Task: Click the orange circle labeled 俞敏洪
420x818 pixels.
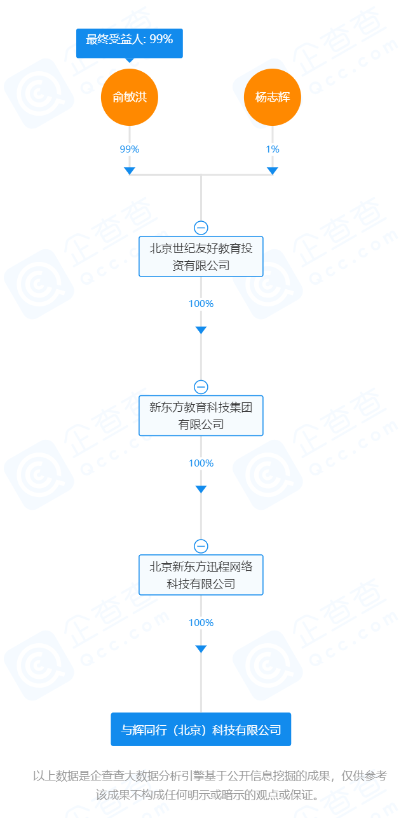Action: pyautogui.click(x=129, y=97)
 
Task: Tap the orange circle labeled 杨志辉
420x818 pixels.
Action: pyautogui.click(x=273, y=97)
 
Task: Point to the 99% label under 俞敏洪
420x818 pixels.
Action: pyautogui.click(x=129, y=149)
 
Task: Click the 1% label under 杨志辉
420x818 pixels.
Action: pyautogui.click(x=273, y=149)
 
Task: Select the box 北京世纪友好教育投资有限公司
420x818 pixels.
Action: pyautogui.click(x=201, y=256)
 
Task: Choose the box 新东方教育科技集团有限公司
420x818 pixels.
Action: pyautogui.click(x=201, y=416)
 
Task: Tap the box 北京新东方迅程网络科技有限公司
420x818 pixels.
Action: pyautogui.click(x=201, y=575)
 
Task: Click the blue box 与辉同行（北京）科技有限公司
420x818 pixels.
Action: pyautogui.click(x=201, y=729)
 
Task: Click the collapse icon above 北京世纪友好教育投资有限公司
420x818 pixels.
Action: pyautogui.click(x=201, y=228)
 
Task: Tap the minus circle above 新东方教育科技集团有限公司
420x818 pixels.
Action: pyautogui.click(x=201, y=387)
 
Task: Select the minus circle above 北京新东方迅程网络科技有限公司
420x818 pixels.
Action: pyautogui.click(x=201, y=547)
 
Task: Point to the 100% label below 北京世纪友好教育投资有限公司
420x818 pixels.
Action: pyautogui.click(x=201, y=303)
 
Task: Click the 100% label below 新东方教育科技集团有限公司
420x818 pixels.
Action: pyautogui.click(x=201, y=463)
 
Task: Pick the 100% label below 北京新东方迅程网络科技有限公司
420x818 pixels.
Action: pyautogui.click(x=201, y=623)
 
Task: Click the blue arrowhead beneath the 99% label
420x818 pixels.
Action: pyautogui.click(x=129, y=170)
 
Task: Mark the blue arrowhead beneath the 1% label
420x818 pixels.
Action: pyautogui.click(x=273, y=170)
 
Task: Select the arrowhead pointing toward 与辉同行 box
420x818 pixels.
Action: pyautogui.click(x=201, y=649)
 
